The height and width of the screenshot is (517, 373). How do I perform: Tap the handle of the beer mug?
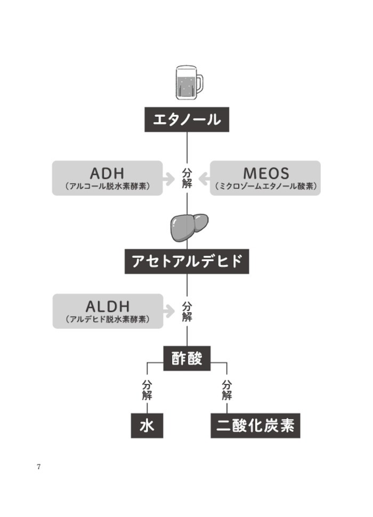199,83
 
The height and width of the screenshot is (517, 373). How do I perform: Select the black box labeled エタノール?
186,119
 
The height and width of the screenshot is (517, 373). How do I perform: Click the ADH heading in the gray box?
107,173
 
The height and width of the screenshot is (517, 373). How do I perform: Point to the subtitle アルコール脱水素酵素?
107,187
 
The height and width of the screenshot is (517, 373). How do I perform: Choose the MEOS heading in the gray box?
266,173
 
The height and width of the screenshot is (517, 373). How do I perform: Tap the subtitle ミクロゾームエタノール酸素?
266,187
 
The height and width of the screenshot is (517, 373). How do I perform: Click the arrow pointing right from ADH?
169,179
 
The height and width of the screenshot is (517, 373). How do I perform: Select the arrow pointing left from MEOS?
204,179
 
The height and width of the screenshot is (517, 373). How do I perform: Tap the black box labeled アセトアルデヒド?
186,262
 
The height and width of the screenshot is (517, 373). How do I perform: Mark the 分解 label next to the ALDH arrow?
187,311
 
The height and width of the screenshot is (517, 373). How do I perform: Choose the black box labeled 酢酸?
186,358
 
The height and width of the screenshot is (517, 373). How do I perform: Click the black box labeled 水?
147,426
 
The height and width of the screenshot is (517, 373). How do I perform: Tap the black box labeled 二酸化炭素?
255,426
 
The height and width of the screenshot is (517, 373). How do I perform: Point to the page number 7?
39,467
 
